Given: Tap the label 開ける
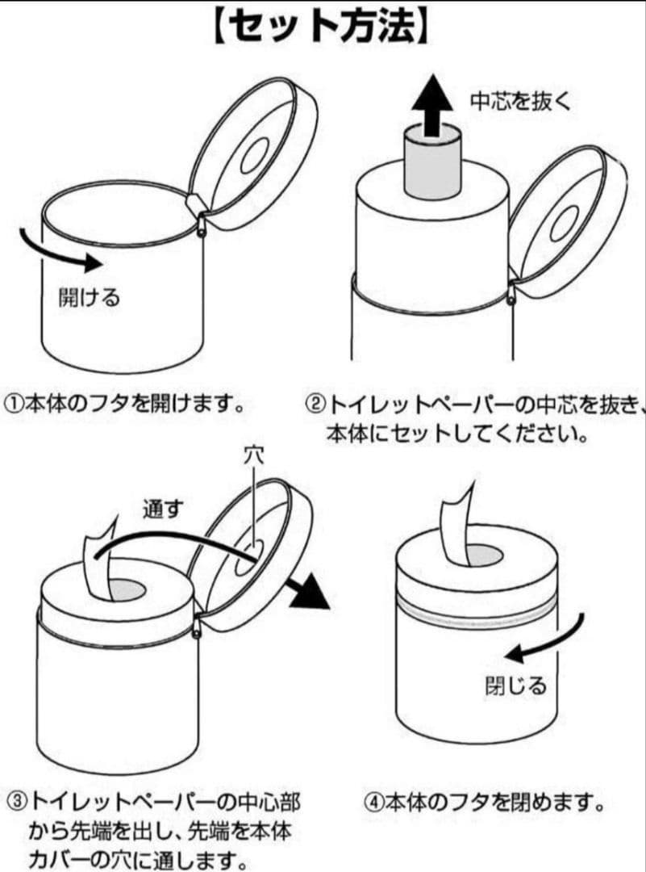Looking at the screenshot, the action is tap(89, 296).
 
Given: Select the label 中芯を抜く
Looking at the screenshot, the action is tap(520, 101).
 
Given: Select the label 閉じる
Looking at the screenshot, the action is tap(515, 685).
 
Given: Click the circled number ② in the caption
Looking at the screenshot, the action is tap(316, 404).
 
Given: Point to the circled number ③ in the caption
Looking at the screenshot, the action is tap(17, 802).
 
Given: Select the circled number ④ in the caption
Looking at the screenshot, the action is tap(374, 803).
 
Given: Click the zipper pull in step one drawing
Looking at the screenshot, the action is tap(201, 224).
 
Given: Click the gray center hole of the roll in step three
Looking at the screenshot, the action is tap(127, 590).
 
